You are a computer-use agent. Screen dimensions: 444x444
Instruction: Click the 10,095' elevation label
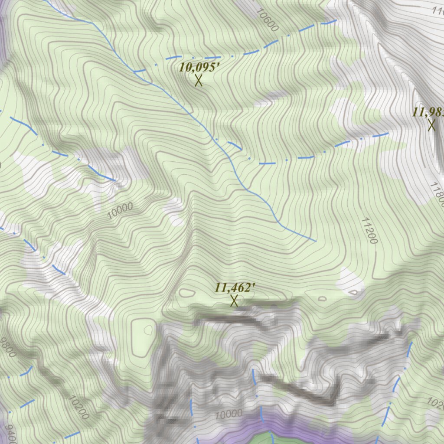[x=196, y=67]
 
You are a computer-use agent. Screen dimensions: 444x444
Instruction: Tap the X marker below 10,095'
[x=199, y=80]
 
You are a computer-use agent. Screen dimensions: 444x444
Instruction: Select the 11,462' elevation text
[x=235, y=287]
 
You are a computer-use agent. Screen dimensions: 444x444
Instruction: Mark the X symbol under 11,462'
[x=234, y=300]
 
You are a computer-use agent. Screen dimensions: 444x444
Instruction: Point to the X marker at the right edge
[x=431, y=125]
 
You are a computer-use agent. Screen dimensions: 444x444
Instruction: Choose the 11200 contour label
[x=369, y=230]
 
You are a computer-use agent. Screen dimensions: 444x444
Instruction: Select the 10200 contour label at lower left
[x=78, y=407]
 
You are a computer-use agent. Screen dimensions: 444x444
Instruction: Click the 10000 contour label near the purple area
[x=228, y=414]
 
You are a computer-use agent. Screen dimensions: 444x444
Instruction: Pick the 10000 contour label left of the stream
[x=120, y=210]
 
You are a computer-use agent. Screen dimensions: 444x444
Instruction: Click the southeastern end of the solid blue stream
[x=315, y=240]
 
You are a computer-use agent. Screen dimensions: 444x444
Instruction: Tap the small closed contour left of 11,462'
[x=187, y=293]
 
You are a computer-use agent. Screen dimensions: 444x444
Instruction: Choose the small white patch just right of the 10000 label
[x=176, y=211]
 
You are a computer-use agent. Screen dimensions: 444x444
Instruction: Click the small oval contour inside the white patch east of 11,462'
[x=354, y=293]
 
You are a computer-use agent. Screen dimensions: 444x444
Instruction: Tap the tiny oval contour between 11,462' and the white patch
[x=322, y=298]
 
